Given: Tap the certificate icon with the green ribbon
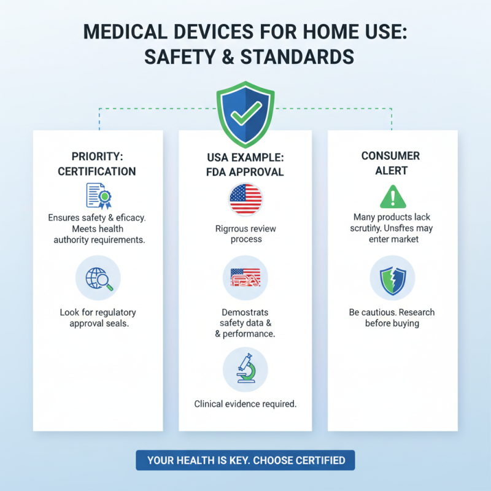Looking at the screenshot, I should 98,196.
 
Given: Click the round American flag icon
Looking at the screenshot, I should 245,199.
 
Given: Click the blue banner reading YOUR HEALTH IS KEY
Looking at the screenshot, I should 245,460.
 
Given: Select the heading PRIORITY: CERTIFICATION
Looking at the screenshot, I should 97,163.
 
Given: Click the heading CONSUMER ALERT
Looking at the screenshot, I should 390,163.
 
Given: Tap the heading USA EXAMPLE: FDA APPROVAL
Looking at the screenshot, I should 245,164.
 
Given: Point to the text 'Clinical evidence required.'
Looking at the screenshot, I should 245,404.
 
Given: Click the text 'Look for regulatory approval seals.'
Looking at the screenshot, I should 98,318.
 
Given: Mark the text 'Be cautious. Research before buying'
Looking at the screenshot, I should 392,317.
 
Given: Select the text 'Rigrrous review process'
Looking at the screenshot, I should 245,234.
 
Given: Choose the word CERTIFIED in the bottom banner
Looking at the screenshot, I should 316,460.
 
